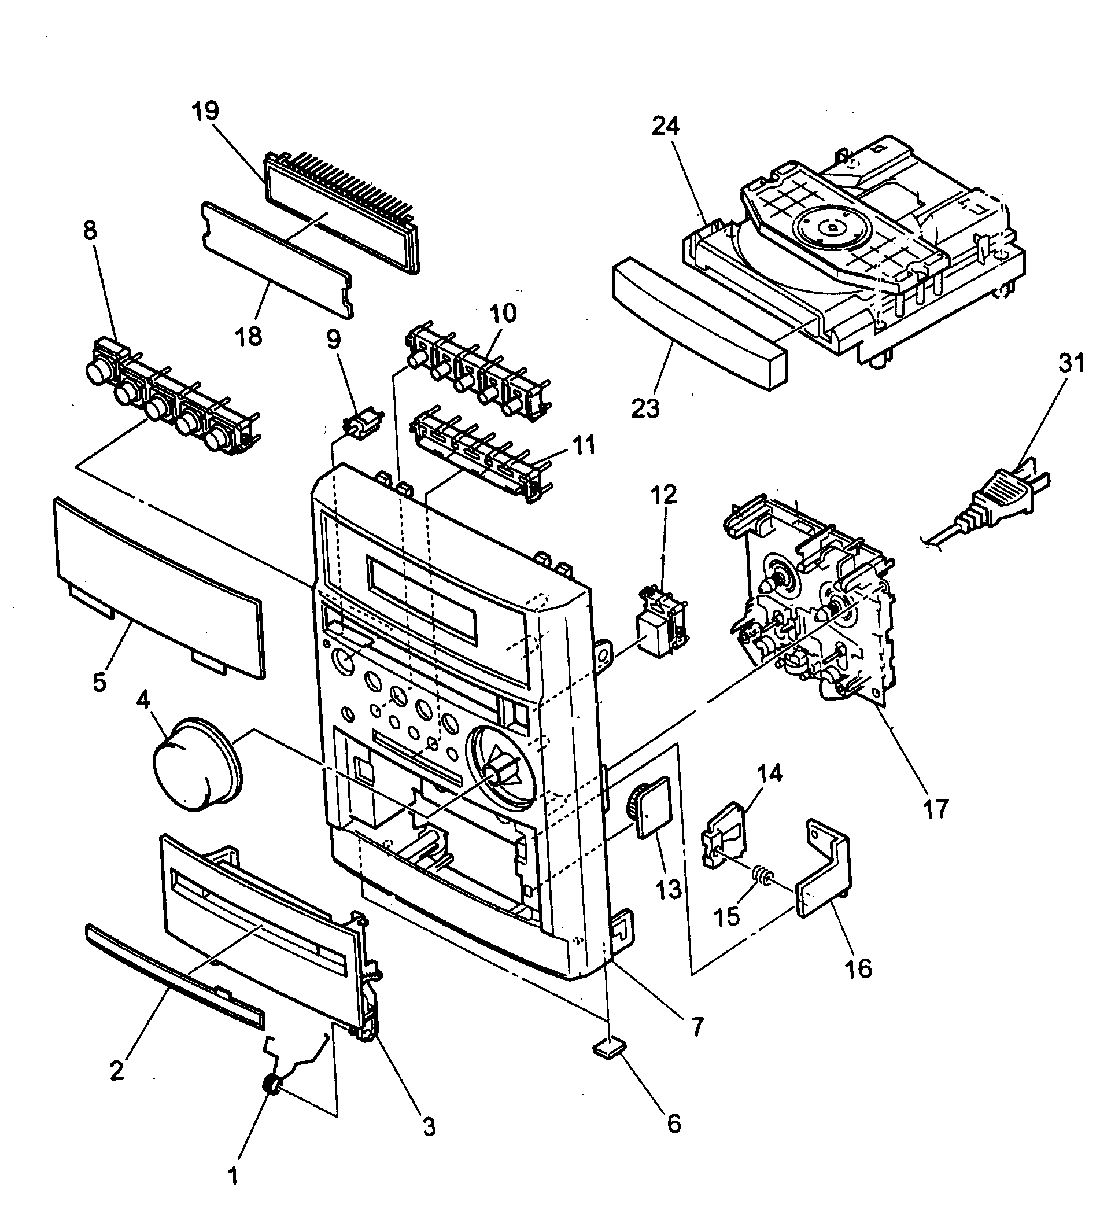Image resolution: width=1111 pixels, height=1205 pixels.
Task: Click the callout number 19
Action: point(206,112)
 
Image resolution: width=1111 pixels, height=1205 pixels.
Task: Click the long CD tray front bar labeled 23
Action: point(697,323)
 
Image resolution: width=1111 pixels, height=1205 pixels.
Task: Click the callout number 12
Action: point(664,495)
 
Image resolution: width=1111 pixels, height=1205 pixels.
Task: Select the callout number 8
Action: point(90,231)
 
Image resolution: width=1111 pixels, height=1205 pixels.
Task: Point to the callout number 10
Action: point(503,314)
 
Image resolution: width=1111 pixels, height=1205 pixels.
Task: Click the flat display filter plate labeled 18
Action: point(276,259)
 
